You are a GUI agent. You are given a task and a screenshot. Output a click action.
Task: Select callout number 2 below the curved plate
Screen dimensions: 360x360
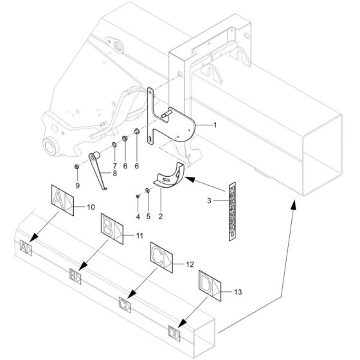tap(160, 216)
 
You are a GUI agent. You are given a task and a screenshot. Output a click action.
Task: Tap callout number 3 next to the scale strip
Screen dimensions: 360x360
tap(209, 201)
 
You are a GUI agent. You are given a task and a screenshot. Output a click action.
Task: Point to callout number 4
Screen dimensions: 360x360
tap(138, 216)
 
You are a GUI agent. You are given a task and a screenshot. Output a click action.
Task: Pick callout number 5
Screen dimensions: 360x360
tap(148, 216)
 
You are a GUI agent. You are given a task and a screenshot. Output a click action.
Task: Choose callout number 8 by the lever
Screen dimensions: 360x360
tap(114, 173)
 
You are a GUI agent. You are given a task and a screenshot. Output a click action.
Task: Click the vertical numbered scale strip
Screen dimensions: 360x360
tap(232, 209)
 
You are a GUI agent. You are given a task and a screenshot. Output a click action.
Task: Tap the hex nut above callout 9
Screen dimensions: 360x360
tap(76, 167)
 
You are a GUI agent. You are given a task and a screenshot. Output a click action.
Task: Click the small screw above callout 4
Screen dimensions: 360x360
tap(138, 195)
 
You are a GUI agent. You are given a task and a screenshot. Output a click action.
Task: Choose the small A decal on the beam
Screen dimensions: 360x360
tap(25, 247)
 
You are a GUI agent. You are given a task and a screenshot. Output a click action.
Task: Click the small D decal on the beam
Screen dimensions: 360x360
tap(173, 332)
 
